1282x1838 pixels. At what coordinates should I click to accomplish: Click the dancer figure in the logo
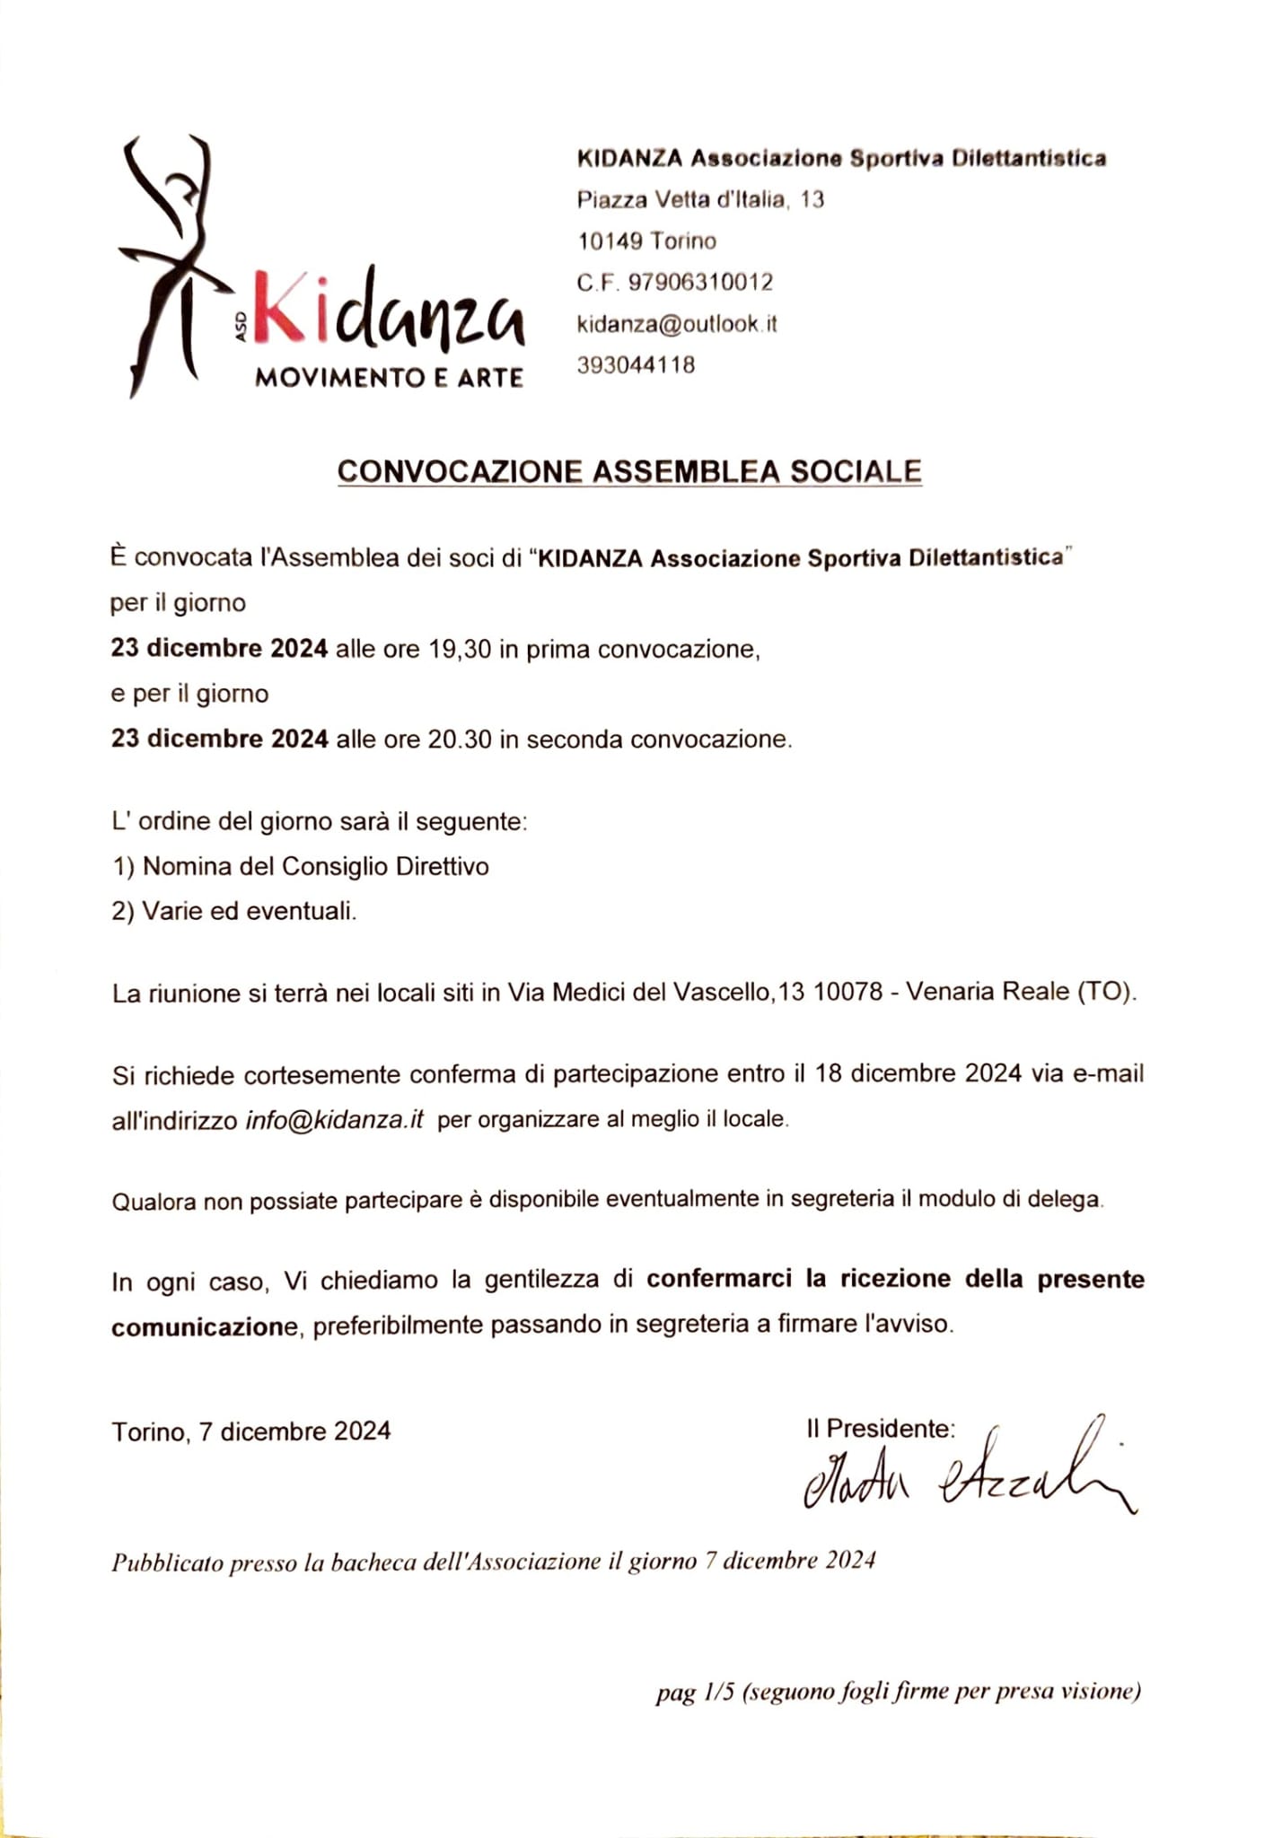(x=175, y=260)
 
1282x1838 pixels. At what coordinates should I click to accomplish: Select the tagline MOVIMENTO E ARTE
(x=389, y=377)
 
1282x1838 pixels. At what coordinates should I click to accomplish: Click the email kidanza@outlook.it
(x=676, y=324)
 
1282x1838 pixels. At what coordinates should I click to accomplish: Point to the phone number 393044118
(x=636, y=365)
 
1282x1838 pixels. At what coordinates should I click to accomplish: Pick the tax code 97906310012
(x=700, y=283)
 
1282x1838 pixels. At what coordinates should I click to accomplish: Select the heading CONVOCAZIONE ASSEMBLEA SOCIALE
(x=629, y=472)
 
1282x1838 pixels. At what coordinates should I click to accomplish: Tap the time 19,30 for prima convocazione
(x=460, y=649)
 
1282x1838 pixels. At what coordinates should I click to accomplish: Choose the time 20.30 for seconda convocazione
(x=460, y=740)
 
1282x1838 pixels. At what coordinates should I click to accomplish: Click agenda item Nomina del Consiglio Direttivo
(x=315, y=867)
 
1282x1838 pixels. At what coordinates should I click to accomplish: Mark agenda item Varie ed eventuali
(x=249, y=912)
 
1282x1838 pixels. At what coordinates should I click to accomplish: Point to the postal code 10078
(x=847, y=993)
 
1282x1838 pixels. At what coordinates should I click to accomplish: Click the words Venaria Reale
(x=988, y=992)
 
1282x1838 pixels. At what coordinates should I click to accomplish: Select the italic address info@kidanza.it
(x=334, y=1120)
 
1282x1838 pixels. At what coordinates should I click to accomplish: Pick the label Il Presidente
(x=880, y=1429)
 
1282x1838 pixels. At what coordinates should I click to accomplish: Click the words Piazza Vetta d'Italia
(x=682, y=199)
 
